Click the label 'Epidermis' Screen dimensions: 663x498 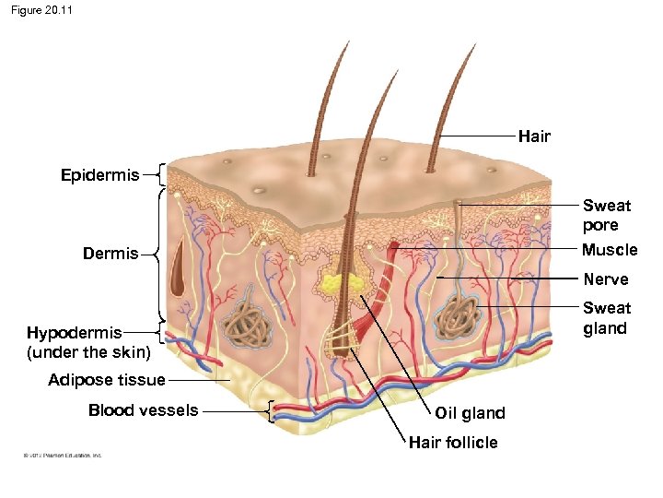click(100, 174)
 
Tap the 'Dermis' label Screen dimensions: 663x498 click(110, 253)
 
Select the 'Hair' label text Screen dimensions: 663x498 click(534, 136)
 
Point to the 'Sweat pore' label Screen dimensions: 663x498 click(600, 215)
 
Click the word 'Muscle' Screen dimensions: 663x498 click(610, 250)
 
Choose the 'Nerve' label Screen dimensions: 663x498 click(605, 279)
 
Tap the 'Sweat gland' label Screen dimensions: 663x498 click(607, 318)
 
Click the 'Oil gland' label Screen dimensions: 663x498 click(470, 413)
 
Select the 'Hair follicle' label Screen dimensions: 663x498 click(453, 443)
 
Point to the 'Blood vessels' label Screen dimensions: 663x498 click(143, 410)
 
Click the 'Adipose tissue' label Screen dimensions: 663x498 click(107, 380)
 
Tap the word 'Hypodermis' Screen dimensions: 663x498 click(74, 333)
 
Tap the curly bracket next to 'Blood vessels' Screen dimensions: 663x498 click(268, 411)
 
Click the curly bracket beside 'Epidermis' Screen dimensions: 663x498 click(160, 174)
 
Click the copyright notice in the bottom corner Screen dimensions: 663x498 click(57, 455)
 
